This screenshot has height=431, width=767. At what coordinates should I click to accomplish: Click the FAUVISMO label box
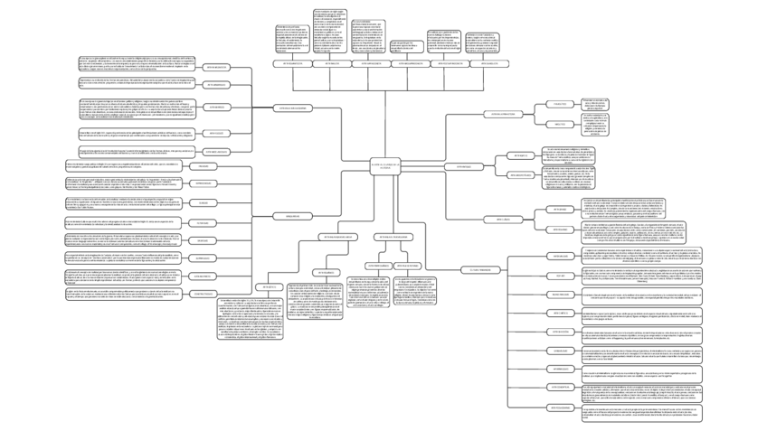tap(203, 166)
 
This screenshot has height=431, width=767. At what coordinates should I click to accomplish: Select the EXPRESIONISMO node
tap(203, 183)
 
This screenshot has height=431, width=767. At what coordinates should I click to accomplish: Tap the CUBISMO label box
tap(203, 202)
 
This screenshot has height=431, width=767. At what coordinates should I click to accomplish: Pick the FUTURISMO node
tap(203, 222)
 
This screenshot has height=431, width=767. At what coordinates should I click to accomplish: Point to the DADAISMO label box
tap(203, 239)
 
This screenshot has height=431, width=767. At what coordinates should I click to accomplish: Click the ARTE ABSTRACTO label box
tap(203, 275)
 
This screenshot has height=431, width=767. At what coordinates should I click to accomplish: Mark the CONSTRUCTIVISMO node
tap(203, 293)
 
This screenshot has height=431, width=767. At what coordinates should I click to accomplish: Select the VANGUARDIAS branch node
tap(292, 217)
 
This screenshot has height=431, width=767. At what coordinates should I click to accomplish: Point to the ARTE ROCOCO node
tap(216, 133)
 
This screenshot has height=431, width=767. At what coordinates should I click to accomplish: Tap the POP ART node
tap(561, 276)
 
